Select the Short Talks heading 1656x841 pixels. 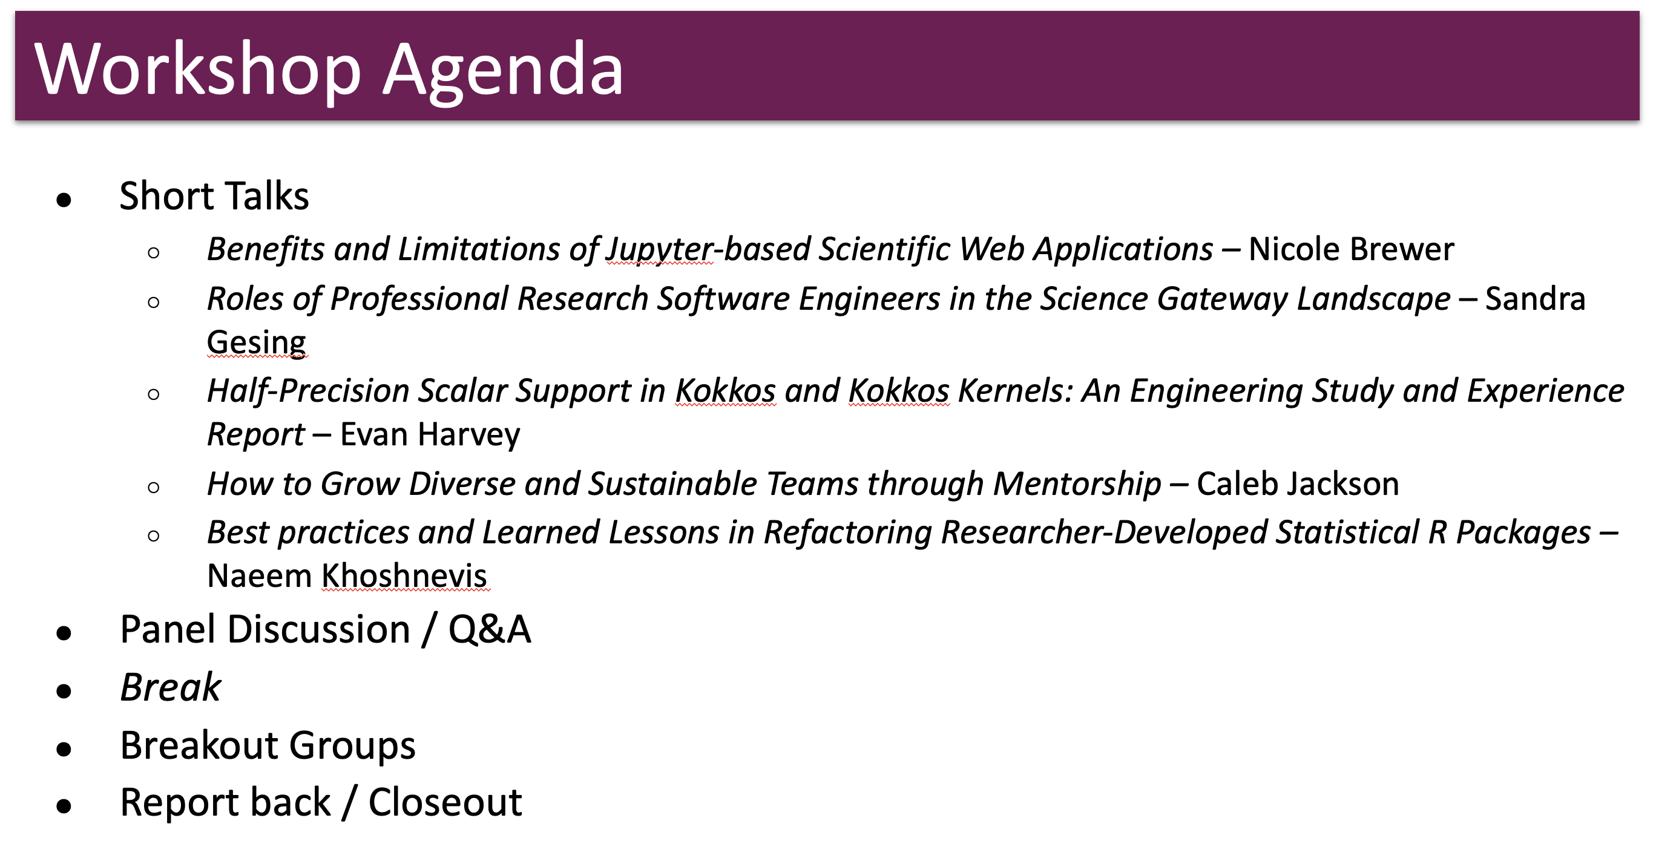214,195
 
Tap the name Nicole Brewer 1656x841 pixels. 1350,249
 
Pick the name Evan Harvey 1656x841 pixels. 430,434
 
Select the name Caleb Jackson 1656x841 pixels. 1297,483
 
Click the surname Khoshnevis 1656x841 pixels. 404,575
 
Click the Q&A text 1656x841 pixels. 489,629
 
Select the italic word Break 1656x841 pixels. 170,687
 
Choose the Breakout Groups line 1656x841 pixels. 268,746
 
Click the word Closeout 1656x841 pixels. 445,802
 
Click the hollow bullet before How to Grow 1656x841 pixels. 154,487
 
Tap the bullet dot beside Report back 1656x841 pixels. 64,806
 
